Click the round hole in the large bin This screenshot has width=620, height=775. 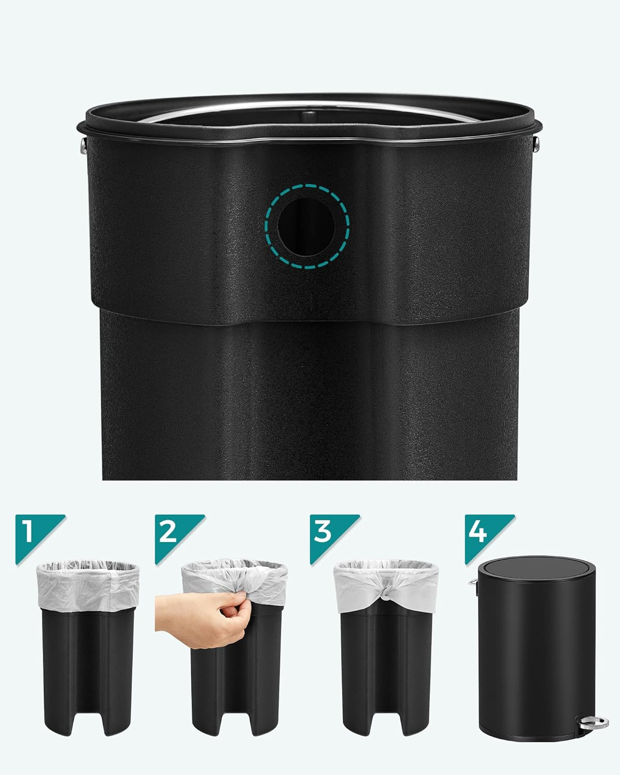pos(306,227)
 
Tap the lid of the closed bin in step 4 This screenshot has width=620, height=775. pos(536,571)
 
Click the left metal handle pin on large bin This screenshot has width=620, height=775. pos(83,145)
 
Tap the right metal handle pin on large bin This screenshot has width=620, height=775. pos(536,145)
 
